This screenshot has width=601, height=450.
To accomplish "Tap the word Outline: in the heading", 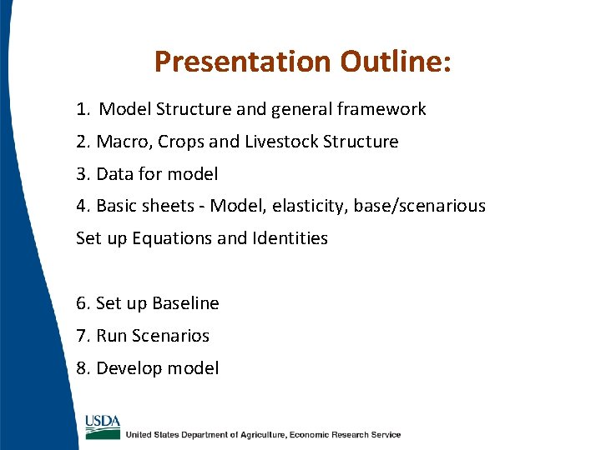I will coord(396,62).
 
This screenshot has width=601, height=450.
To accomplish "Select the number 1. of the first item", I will coord(83,109).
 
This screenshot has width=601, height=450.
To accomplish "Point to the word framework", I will coord(385,109).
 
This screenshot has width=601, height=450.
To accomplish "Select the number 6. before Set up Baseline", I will coord(83,303).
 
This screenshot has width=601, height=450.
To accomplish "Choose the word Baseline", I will coord(184,303).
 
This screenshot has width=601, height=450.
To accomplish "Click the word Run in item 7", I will coord(112,336).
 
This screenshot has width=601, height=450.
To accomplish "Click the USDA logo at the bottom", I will coord(103,426).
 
